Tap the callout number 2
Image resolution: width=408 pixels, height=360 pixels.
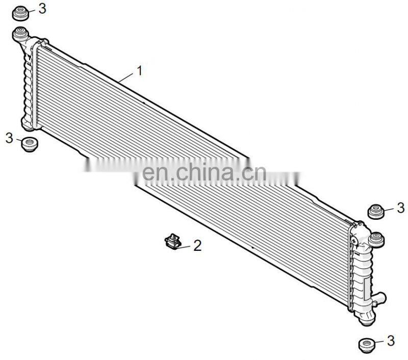pyautogui.click(x=197, y=246)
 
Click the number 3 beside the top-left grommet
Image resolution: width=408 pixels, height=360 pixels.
pyautogui.click(x=42, y=8)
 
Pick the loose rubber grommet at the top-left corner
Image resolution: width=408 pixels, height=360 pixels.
pyautogui.click(x=20, y=13)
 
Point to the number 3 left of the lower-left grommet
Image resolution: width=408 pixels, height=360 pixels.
pyautogui.click(x=9, y=137)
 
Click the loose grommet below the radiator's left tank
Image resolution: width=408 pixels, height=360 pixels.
pyautogui.click(x=30, y=143)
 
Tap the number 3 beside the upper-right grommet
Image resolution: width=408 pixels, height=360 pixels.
pyautogui.click(x=400, y=208)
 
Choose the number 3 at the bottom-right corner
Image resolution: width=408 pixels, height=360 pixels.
pyautogui.click(x=391, y=340)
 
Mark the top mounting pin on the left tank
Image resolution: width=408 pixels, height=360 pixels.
pyautogui.click(x=20, y=35)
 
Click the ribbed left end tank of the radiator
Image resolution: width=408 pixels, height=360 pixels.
pyautogui.click(x=27, y=82)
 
